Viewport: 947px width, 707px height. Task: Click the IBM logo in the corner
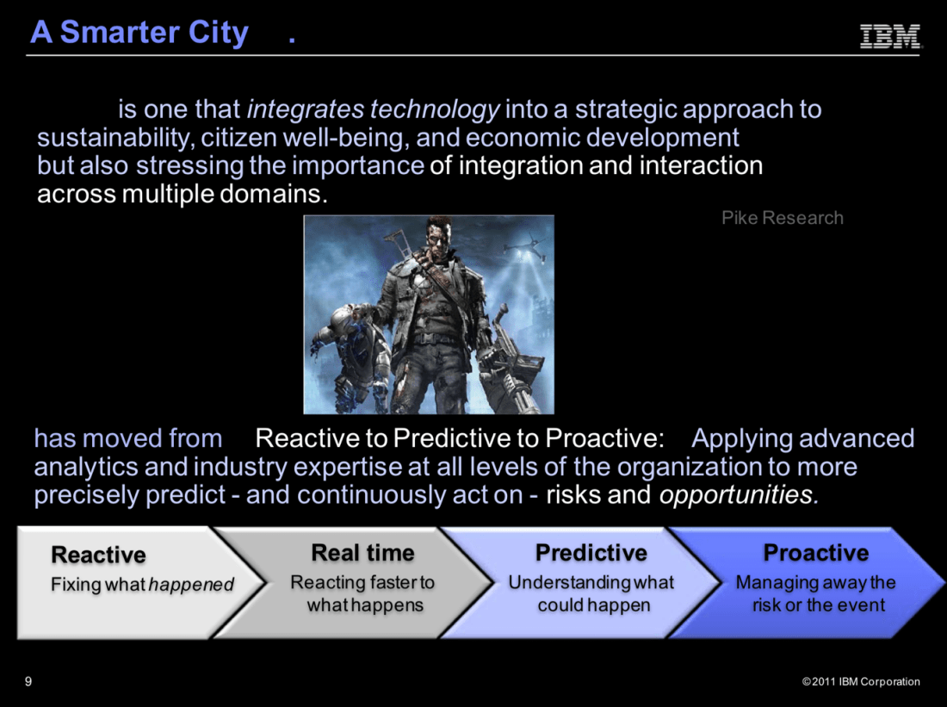point(890,35)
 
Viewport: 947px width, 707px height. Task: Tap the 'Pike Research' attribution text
point(782,218)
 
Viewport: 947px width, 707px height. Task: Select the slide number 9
point(28,682)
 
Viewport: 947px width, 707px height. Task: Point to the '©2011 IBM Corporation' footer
point(861,682)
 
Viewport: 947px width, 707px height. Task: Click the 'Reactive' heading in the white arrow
point(98,555)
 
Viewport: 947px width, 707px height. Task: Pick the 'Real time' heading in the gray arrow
point(362,552)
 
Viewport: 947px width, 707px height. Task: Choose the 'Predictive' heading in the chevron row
point(591,552)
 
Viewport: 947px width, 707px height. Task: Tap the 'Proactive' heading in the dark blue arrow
point(816,552)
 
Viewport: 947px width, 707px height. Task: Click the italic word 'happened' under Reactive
point(191,585)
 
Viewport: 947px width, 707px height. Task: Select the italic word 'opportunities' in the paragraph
point(739,495)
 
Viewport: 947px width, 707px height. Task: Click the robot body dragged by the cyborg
point(354,350)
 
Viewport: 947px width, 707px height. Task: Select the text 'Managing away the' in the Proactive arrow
point(816,582)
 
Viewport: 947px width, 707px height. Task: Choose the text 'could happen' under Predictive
point(594,605)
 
